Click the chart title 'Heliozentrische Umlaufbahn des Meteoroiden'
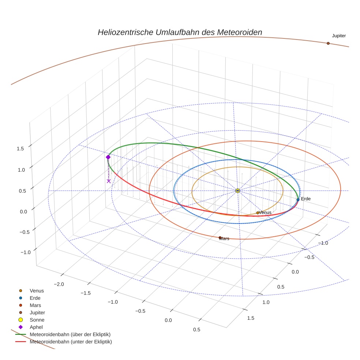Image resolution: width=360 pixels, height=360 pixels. tap(180, 32)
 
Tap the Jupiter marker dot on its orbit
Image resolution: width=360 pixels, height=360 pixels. tap(328, 43)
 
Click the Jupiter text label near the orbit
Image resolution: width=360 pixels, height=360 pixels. tap(339, 36)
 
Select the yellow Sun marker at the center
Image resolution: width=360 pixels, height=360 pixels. tap(237, 191)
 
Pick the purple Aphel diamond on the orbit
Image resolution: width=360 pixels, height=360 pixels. tap(108, 157)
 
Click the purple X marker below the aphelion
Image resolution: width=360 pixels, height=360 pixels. tap(109, 181)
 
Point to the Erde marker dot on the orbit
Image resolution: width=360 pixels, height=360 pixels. tap(298, 199)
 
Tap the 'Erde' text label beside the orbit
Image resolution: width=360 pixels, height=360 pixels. tap(306, 199)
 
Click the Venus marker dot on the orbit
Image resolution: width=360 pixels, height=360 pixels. tap(258, 213)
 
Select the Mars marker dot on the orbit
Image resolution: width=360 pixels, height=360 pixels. tap(220, 238)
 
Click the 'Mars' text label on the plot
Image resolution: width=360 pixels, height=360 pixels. tap(225, 239)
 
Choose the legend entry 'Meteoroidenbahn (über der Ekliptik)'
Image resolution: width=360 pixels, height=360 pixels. tap(70, 334)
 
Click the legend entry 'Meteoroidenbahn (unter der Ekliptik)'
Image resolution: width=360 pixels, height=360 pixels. tap(71, 342)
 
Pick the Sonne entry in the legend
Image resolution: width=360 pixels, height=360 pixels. tap(37, 320)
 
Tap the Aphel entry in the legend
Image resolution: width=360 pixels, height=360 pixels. tap(36, 327)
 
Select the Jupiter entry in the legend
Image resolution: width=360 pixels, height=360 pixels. tap(37, 312)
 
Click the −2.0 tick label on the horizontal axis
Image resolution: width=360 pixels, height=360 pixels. tap(59, 284)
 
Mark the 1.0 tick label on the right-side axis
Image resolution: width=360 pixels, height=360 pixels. tap(266, 302)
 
